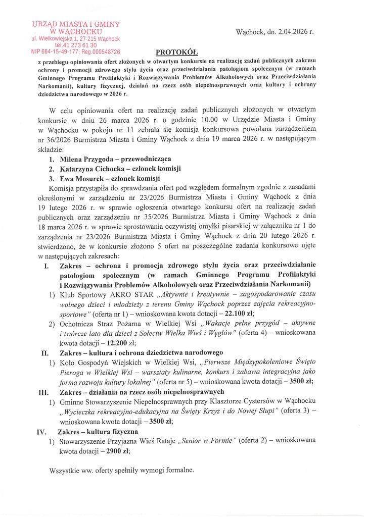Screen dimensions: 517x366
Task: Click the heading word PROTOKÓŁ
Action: (x=176, y=51)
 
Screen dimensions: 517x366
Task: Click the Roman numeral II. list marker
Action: (x=44, y=352)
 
